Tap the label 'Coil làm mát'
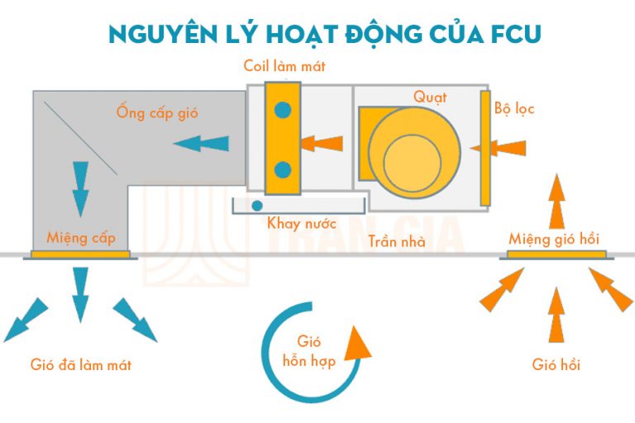click(284, 67)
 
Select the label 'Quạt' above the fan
click(430, 97)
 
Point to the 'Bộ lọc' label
click(514, 108)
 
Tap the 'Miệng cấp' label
click(81, 238)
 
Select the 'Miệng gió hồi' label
click(554, 239)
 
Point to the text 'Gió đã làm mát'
click(81, 364)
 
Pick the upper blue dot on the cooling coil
click(283, 107)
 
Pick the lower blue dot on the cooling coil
click(283, 170)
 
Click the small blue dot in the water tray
click(257, 205)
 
